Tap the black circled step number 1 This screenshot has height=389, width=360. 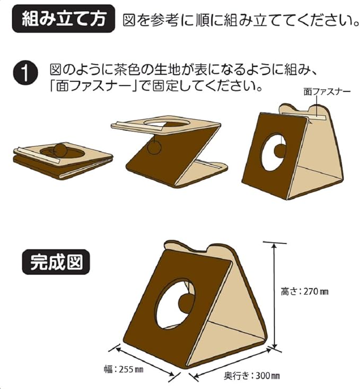coord(26,74)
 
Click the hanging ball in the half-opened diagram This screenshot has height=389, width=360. coord(154,147)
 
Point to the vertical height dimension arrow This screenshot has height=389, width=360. coord(274,295)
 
